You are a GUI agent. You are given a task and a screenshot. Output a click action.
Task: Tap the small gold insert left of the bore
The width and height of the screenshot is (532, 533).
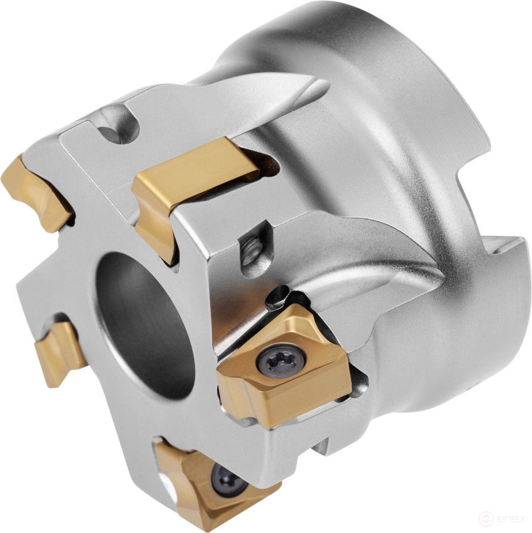(60, 352)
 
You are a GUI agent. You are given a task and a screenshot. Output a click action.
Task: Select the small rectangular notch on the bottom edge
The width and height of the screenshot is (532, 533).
(322, 445)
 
